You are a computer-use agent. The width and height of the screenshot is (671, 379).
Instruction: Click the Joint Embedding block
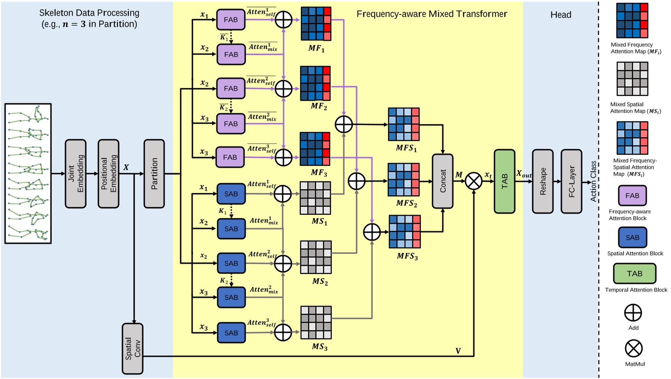[x=75, y=173]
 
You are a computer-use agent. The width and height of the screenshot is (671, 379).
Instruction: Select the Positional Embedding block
[x=108, y=173]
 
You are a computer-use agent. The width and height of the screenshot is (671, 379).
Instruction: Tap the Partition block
[x=154, y=173]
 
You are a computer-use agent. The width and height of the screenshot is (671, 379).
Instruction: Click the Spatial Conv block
[x=132, y=348]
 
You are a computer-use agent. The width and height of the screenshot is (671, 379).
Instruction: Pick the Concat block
[x=442, y=181]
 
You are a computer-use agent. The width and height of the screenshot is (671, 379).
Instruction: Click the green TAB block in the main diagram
[x=504, y=181]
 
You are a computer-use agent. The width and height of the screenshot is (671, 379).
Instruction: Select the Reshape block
[x=543, y=181]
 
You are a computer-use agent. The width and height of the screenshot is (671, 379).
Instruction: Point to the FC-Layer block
[x=571, y=181]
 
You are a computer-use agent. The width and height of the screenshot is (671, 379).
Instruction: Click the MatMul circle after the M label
[x=474, y=181]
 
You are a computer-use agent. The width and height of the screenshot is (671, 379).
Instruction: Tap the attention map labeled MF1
[x=316, y=24]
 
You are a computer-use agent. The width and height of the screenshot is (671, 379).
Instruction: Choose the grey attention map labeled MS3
[x=316, y=322]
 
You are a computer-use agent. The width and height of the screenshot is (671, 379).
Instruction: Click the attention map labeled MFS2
[x=404, y=180]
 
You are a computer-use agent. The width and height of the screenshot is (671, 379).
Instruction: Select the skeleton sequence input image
[x=28, y=173]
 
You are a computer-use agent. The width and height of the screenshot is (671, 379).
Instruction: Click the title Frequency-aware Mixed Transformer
[x=432, y=14]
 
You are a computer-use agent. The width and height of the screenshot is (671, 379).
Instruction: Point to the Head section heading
[x=561, y=15]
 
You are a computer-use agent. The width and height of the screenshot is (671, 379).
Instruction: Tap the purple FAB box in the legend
[x=632, y=196]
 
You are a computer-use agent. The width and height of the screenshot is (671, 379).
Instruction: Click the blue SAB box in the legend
[x=632, y=238]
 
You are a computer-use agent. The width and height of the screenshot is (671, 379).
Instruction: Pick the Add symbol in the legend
[x=633, y=313]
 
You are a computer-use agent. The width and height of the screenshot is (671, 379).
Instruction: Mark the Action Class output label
[x=593, y=181]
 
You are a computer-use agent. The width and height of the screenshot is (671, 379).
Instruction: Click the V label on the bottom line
[x=458, y=351]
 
